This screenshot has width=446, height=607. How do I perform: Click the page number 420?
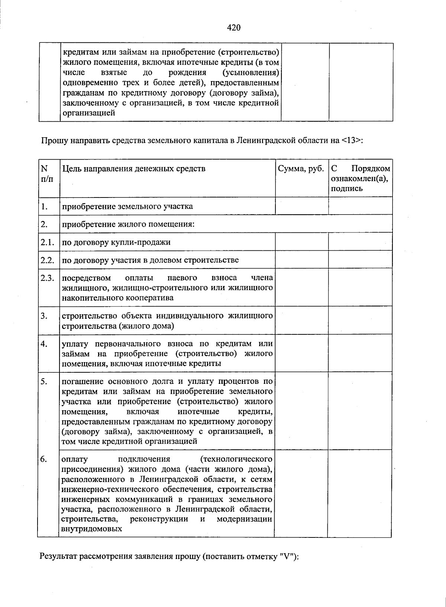click(234, 28)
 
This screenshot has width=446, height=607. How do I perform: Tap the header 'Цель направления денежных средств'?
click(133, 169)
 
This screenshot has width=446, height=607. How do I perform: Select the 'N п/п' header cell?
click(47, 173)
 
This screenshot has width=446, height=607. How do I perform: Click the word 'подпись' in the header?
click(346, 189)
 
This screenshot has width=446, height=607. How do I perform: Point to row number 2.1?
click(48, 242)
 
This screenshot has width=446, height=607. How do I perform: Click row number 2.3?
click(48, 278)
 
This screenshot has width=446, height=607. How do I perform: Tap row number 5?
click(44, 381)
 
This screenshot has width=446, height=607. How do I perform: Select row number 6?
click(44, 459)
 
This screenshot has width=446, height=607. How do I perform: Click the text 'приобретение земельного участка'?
click(127, 206)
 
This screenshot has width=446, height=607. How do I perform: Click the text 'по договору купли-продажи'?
click(116, 242)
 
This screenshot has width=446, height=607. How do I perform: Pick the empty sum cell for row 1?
click(301, 206)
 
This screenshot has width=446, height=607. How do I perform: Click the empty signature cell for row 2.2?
click(360, 260)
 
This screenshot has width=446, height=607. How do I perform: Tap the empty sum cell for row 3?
click(301, 321)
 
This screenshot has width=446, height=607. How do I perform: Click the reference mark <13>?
click(350, 141)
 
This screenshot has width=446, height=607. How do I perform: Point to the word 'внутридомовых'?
click(92, 529)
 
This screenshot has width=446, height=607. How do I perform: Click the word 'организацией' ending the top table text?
click(89, 113)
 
